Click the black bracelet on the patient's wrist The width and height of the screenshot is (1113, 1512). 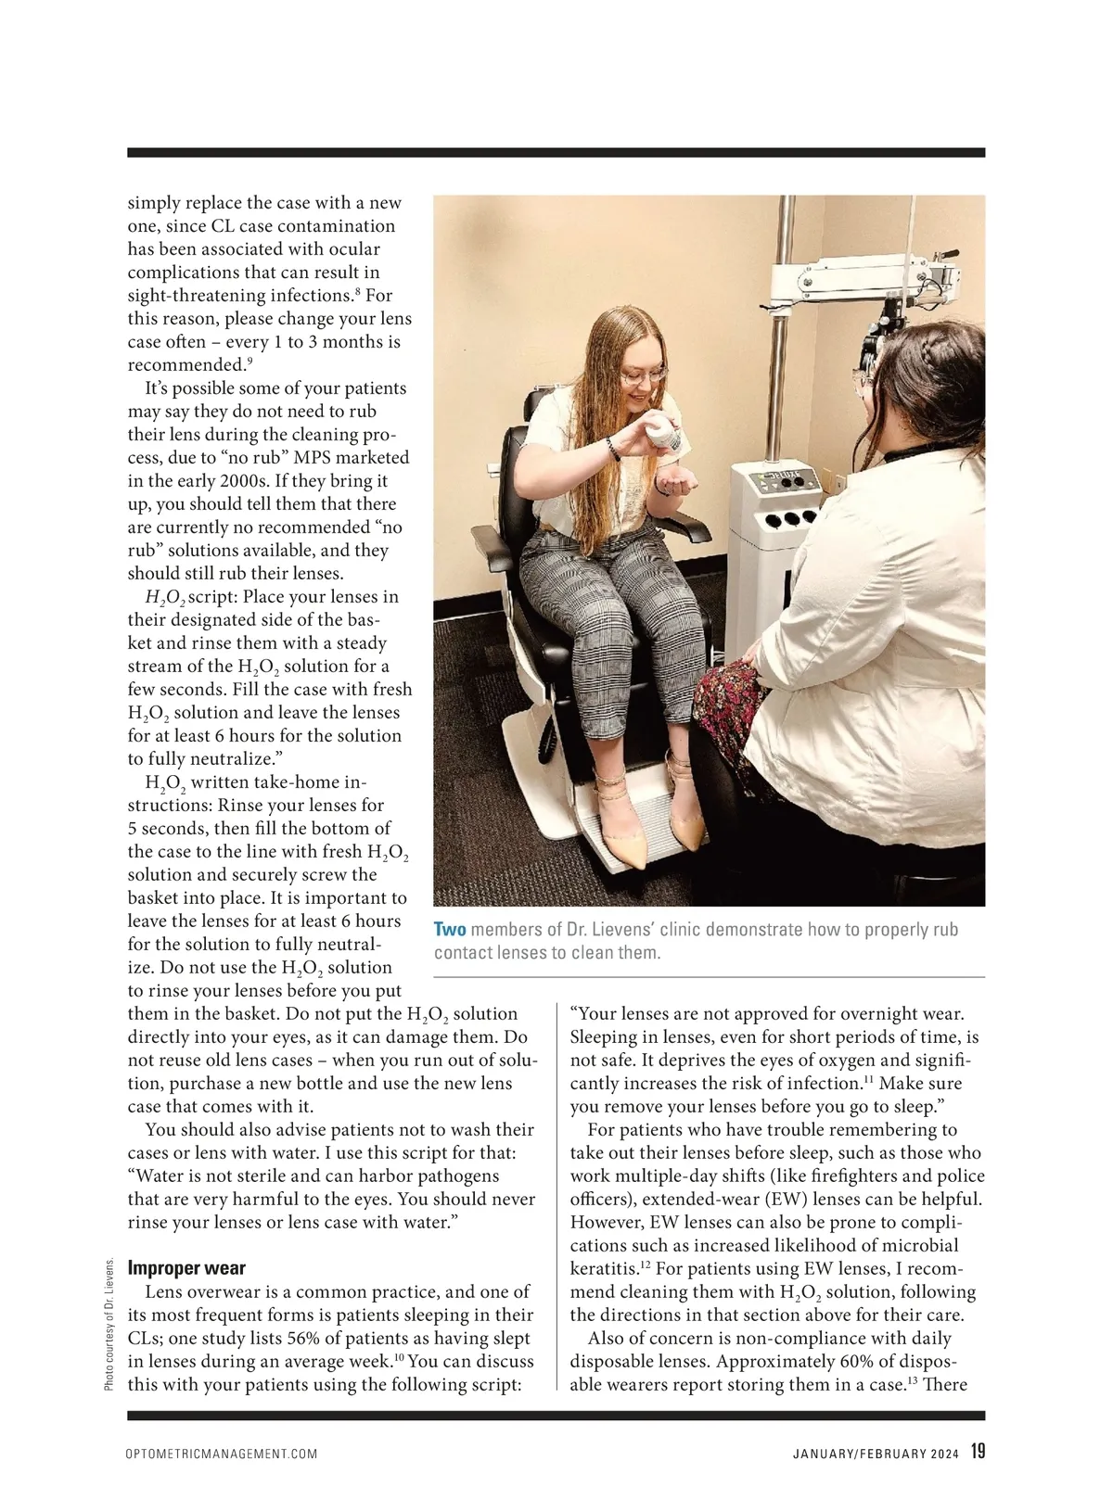[613, 449]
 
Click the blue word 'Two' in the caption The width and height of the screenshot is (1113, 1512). [450, 930]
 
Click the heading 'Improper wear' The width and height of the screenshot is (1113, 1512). [186, 1267]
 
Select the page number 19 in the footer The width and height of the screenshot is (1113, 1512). [978, 1452]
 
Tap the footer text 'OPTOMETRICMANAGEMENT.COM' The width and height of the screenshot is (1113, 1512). [222, 1455]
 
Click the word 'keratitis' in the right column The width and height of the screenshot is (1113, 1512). [601, 1269]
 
